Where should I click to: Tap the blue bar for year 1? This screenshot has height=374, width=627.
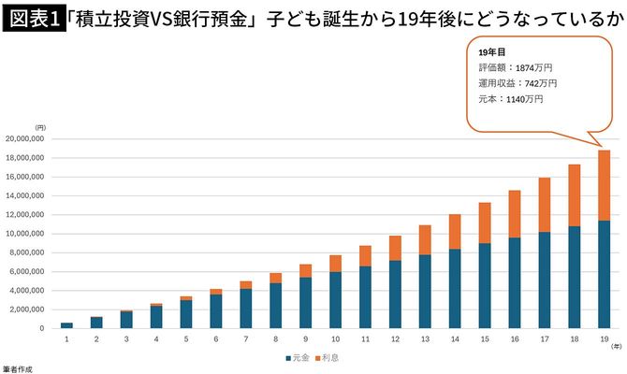[66, 324]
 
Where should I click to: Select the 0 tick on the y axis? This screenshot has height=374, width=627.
[43, 328]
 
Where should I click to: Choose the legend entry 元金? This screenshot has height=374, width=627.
[297, 357]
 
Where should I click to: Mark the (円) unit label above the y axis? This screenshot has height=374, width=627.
[40, 126]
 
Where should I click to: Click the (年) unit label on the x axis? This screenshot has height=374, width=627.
[615, 345]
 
